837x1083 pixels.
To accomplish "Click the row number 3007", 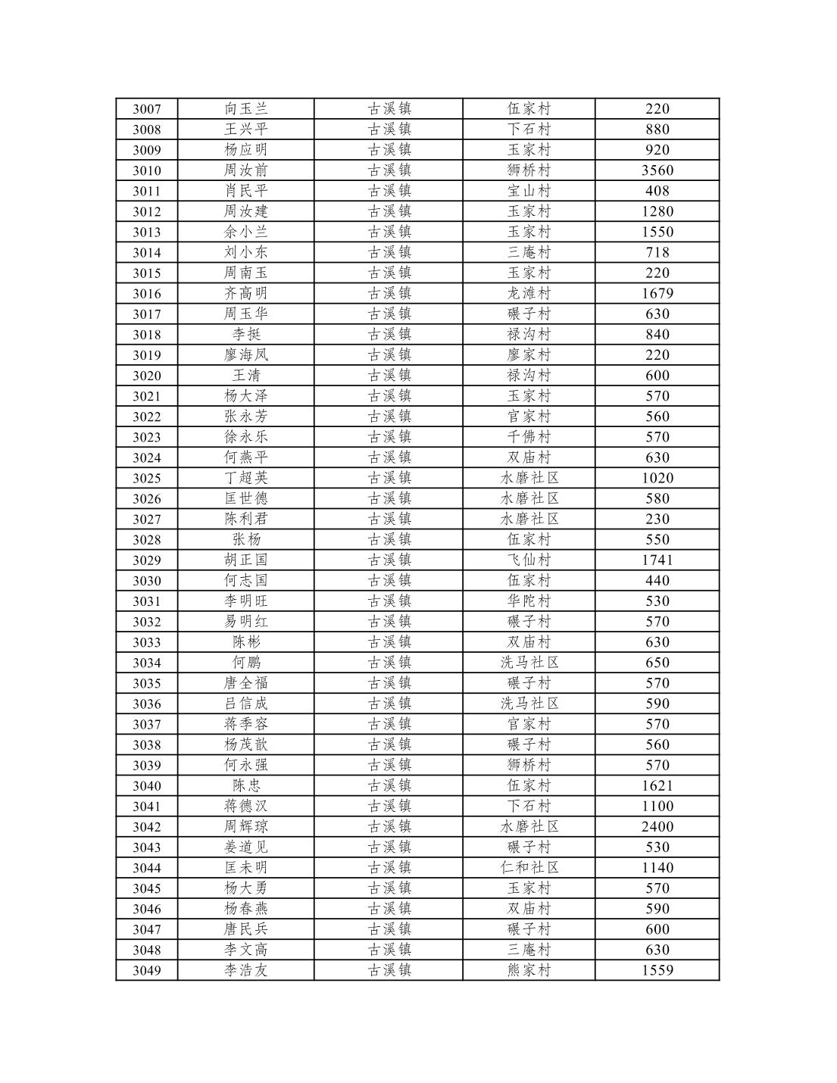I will coord(147,109).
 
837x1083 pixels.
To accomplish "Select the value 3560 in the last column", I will coord(657,170).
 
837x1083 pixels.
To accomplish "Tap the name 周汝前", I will coord(246,170).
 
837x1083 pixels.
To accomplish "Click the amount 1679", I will coord(657,293).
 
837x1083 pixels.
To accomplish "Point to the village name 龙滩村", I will coord(529,293).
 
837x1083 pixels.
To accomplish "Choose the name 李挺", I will coord(246,334).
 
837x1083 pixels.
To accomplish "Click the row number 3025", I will coord(147,478).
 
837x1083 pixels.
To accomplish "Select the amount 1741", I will coord(657,560).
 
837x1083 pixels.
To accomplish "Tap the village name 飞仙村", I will coord(529,560).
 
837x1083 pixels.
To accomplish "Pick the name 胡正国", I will coord(246,560).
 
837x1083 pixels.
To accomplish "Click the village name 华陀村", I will coord(529,601).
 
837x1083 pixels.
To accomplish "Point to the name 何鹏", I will coord(246,663).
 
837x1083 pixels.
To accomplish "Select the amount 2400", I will coord(657,826).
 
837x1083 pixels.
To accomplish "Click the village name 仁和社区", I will coord(529,867).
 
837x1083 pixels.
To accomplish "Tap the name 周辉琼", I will coord(246,826).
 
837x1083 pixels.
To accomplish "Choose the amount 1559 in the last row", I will coord(657,970).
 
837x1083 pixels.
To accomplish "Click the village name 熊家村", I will coord(529,970).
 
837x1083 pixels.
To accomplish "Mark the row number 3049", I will coord(147,971).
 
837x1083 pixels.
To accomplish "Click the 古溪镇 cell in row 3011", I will coord(389,191).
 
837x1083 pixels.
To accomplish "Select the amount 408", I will coord(657,191).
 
